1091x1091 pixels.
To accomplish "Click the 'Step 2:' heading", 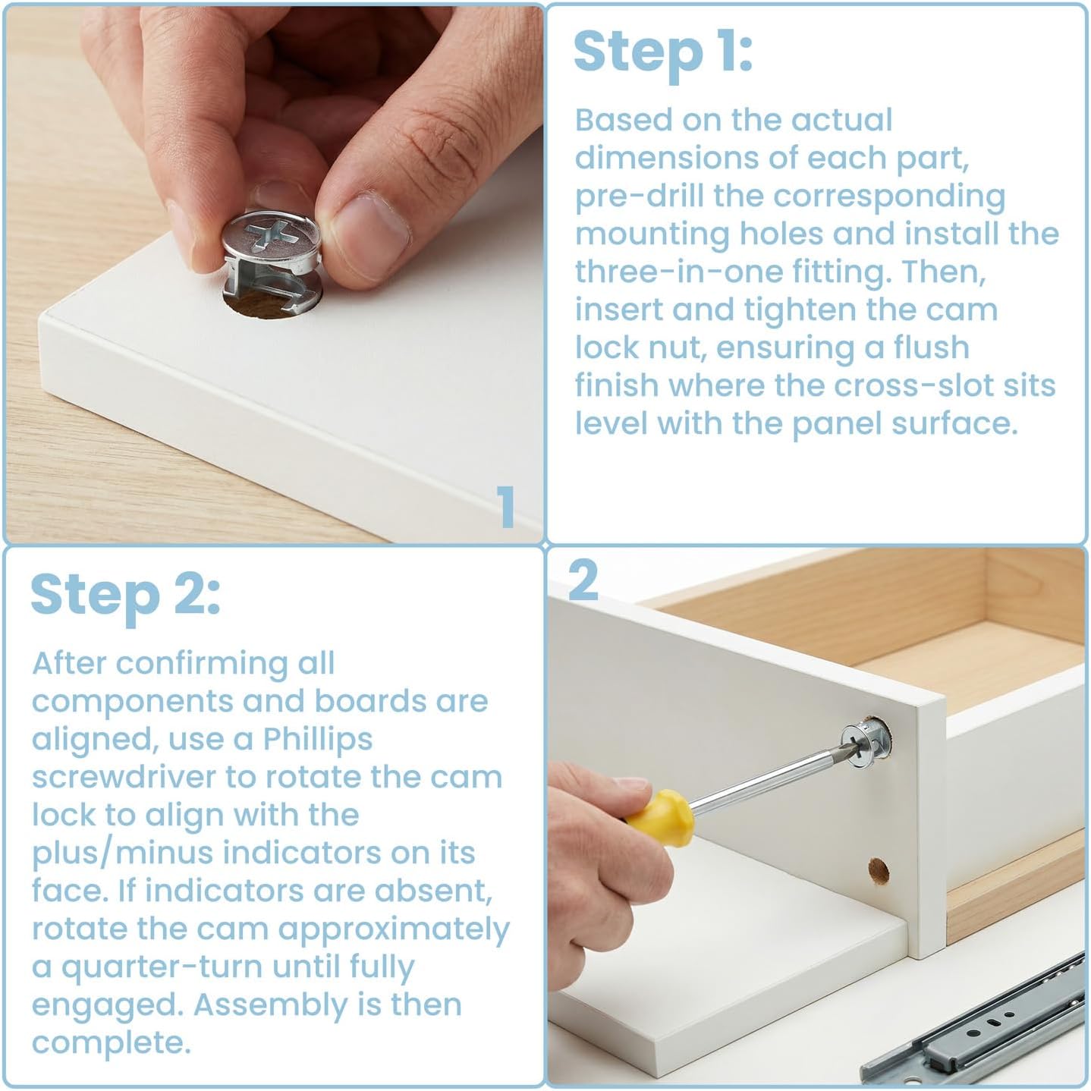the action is click(x=126, y=596).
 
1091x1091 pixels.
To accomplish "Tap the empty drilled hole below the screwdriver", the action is click(x=878, y=871).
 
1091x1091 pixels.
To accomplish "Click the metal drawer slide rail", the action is click(x=974, y=1027).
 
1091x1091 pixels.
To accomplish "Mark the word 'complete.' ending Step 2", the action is click(x=111, y=1042).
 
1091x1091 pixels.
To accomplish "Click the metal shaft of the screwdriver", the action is click(x=771, y=778).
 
